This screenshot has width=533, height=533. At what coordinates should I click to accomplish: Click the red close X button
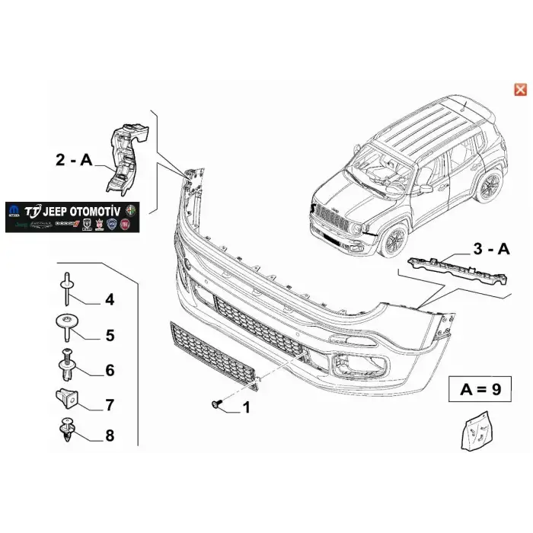(521, 90)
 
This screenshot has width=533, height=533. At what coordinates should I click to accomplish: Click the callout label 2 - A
(74, 160)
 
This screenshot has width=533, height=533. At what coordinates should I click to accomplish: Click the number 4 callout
(110, 300)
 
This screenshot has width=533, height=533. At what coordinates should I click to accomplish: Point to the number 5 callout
(110, 334)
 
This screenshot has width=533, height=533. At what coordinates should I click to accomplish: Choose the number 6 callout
(110, 370)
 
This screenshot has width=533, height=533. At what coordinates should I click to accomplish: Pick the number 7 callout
(110, 404)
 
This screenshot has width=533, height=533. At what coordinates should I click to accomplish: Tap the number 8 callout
(110, 436)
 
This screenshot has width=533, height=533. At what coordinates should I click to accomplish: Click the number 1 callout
(245, 408)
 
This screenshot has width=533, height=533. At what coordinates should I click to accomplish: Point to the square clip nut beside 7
(66, 397)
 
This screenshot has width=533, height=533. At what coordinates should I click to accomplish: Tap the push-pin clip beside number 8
(66, 431)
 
